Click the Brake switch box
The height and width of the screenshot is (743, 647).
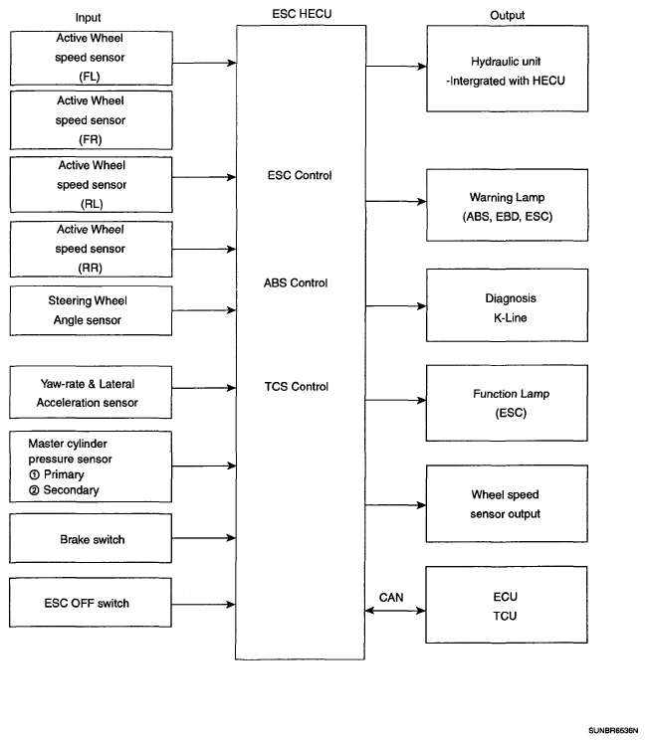(x=91, y=538)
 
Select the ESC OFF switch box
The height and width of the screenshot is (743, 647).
(x=91, y=603)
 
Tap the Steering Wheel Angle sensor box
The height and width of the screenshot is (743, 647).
(x=91, y=310)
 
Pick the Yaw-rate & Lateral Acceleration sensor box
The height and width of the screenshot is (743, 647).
(x=91, y=392)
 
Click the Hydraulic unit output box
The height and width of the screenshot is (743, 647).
(x=508, y=69)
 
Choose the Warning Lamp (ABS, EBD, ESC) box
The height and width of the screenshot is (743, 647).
(x=507, y=205)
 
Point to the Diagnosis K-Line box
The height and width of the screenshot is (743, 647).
(x=507, y=305)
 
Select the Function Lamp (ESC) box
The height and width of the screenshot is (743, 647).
(x=507, y=403)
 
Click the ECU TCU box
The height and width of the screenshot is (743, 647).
(x=507, y=605)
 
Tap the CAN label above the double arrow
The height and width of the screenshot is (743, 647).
(x=391, y=598)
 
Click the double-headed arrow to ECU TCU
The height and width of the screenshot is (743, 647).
(x=395, y=611)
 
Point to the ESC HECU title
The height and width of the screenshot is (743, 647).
(x=302, y=14)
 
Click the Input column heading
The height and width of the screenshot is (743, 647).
(x=89, y=18)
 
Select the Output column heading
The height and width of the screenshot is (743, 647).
(x=507, y=15)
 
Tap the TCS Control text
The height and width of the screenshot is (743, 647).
(x=297, y=387)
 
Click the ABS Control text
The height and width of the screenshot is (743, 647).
(x=296, y=282)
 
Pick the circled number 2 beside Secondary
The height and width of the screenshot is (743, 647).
(x=34, y=490)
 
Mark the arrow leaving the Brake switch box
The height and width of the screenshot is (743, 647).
(x=204, y=538)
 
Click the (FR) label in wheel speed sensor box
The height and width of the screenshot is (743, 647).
(x=91, y=140)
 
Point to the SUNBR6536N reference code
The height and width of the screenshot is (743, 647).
(x=613, y=731)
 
